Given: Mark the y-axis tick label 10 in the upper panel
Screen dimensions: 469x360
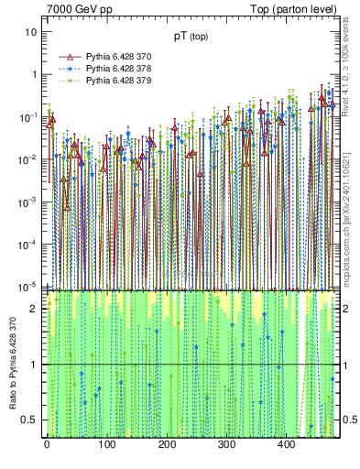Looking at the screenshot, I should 31,32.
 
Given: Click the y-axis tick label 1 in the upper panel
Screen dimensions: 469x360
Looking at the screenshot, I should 34,74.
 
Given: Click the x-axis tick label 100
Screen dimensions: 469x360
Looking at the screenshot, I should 106,445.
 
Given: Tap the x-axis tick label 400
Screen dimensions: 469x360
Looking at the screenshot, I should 285,445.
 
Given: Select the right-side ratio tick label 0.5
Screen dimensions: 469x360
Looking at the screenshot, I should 349,420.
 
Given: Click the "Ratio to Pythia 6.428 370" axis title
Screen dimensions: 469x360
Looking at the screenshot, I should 13,364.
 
